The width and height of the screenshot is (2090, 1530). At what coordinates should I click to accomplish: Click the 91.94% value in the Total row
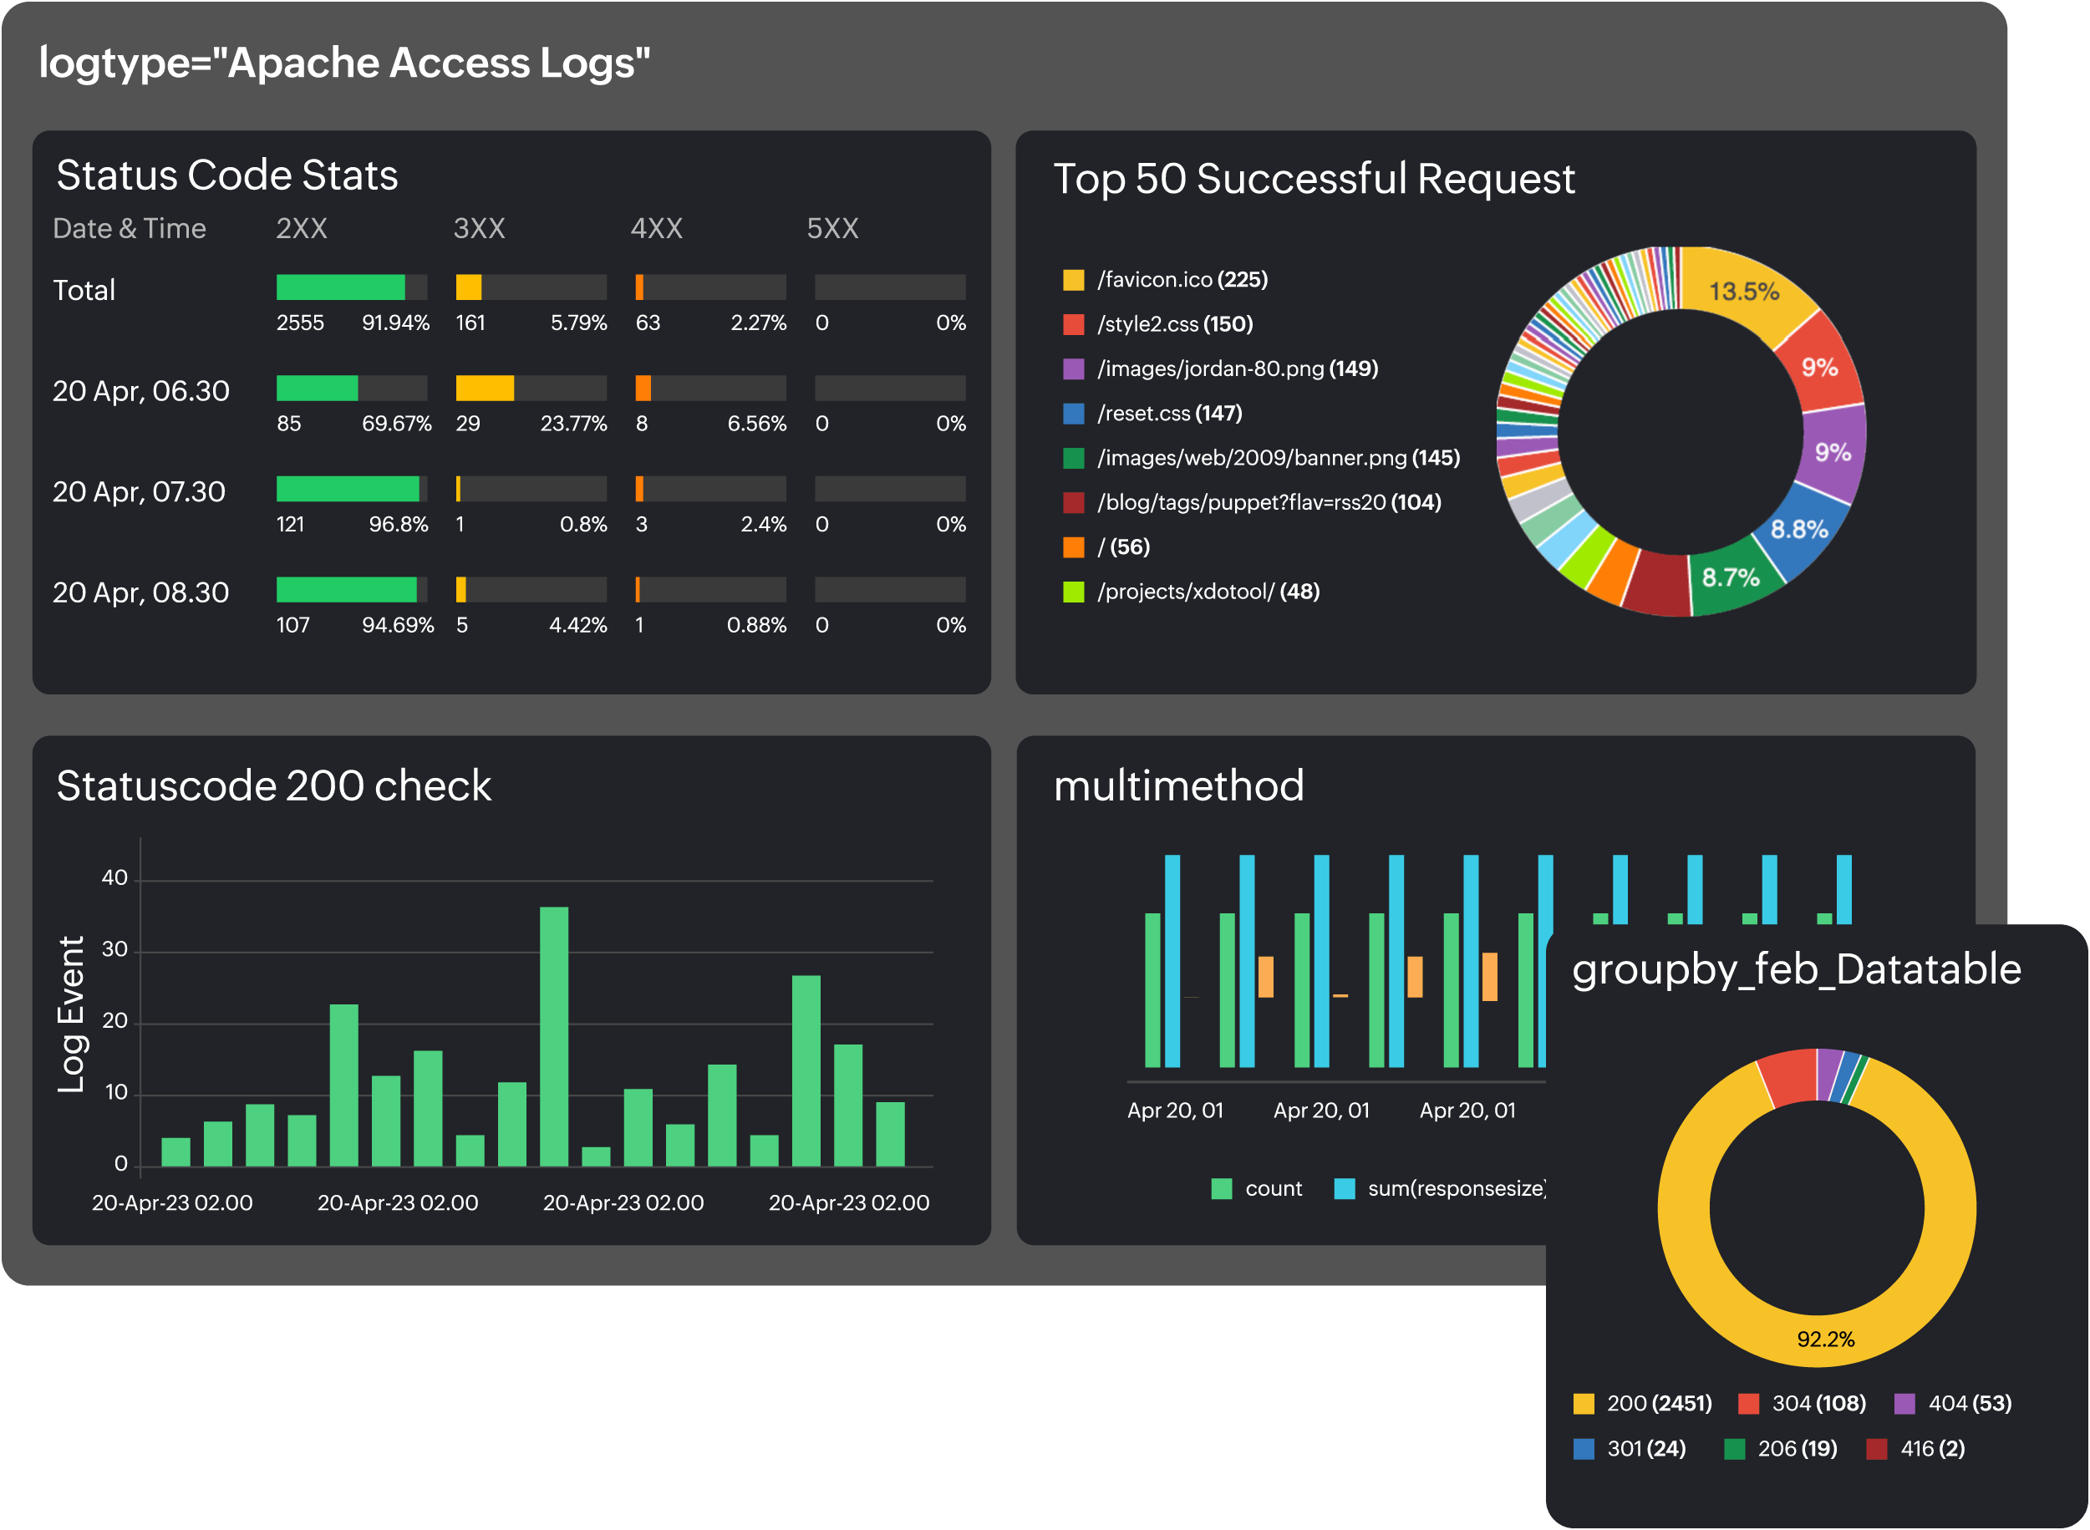coord(395,323)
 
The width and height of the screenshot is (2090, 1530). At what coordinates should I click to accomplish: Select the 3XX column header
coord(479,229)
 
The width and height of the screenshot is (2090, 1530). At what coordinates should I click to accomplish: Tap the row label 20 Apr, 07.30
coord(139,492)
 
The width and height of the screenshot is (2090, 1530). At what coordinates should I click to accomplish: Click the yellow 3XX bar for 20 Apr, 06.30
coord(485,388)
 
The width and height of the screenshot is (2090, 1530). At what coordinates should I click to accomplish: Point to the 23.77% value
coord(573,424)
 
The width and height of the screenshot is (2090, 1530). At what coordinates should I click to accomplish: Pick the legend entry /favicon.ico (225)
coord(1182,280)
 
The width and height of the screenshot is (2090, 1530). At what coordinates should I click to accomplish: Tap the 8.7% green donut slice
coord(1730,578)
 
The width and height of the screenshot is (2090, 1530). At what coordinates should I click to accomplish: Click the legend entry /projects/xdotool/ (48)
coord(1208,592)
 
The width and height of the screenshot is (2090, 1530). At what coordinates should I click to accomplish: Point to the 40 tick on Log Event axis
coord(114,878)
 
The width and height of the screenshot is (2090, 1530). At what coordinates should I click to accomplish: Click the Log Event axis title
coord(71,1014)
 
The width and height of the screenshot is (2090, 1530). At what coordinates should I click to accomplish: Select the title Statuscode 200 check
coord(273,786)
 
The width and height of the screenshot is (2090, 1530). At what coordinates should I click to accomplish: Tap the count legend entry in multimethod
coord(1258,1189)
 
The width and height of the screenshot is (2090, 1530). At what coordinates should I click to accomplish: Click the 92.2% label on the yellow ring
coord(1825,1339)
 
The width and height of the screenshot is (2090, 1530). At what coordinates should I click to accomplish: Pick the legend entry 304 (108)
coord(1805,1404)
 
